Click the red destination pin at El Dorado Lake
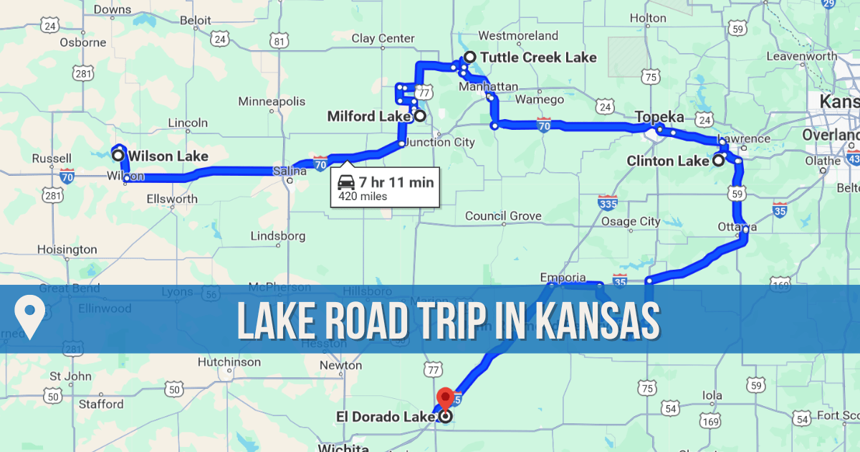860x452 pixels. [446, 397]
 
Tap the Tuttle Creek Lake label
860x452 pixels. [538, 57]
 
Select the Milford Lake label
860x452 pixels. [369, 116]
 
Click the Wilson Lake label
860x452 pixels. [168, 156]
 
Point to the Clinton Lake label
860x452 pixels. [667, 161]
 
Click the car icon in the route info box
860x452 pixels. [345, 182]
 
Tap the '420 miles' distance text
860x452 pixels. [363, 197]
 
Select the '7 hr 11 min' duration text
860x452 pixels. [396, 182]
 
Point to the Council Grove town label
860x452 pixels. [502, 216]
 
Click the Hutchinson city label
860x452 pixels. [229, 362]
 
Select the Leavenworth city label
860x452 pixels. [801, 56]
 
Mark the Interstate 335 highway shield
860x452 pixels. [607, 202]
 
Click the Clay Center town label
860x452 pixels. [383, 38]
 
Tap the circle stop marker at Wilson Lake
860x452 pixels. [118, 155]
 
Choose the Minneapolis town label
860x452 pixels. [272, 101]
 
